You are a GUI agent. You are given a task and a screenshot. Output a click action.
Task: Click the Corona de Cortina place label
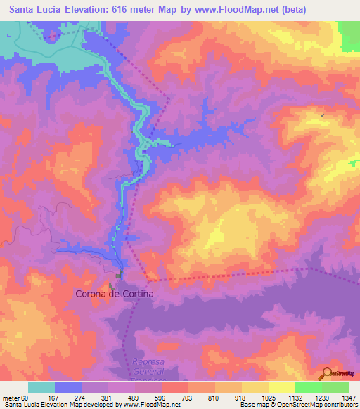click(x=114, y=295)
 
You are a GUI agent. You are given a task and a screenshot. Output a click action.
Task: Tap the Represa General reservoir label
click(x=148, y=366)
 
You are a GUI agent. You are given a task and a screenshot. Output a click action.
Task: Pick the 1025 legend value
click(x=268, y=398)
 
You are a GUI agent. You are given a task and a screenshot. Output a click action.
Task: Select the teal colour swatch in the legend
click(x=41, y=387)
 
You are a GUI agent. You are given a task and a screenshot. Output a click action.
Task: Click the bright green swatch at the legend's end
click(x=335, y=387)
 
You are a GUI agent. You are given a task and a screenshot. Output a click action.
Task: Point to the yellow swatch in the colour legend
click(x=255, y=387)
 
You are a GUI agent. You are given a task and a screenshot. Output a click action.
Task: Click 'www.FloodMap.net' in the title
click(x=240, y=10)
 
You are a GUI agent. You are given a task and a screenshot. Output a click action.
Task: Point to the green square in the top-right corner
click(x=349, y=35)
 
